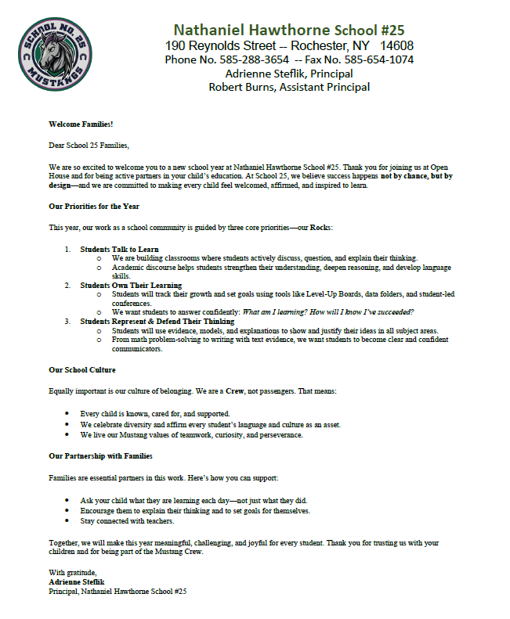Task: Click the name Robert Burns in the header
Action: coord(244,87)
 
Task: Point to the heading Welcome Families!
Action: coord(81,124)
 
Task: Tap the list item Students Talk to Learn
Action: coord(119,249)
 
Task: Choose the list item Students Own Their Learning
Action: coord(131,286)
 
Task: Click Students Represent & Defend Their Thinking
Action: coord(157,321)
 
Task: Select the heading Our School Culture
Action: coord(82,369)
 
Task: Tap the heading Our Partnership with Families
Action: coord(100,455)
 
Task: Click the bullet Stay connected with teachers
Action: coord(127,520)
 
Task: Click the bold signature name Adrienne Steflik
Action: coord(76,582)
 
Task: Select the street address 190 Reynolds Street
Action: coord(222,45)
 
